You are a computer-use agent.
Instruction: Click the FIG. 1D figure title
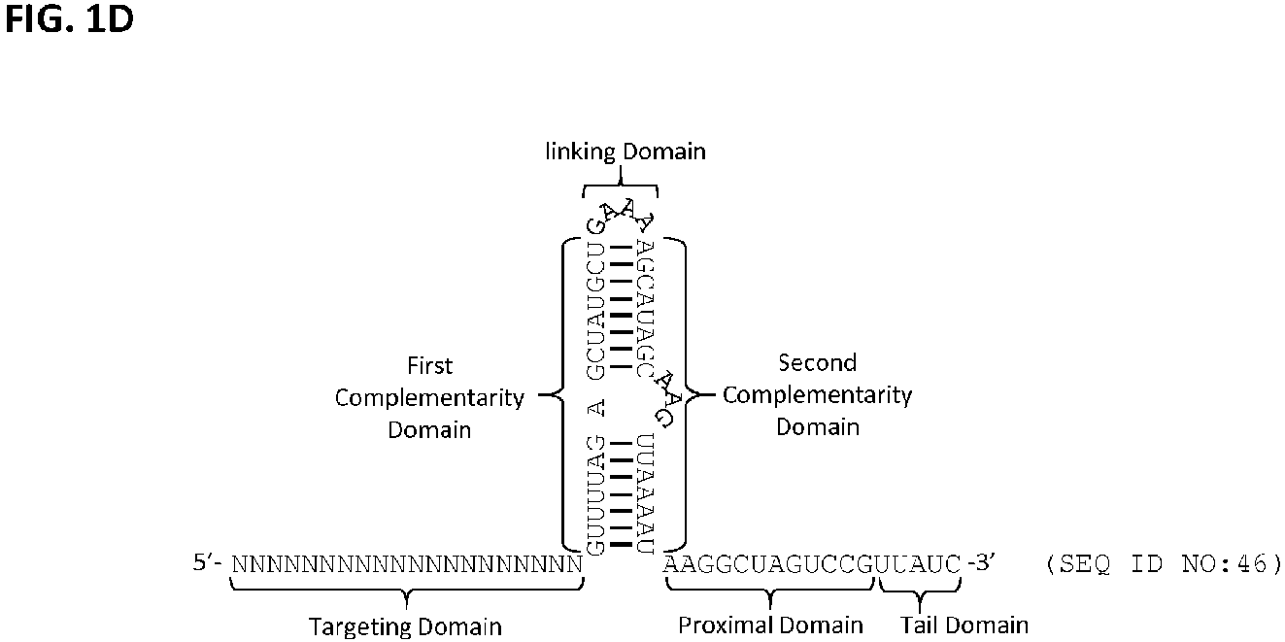point(69,18)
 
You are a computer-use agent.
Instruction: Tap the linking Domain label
point(626,152)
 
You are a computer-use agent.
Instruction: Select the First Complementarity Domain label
point(429,397)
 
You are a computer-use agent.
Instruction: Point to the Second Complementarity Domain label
point(818,394)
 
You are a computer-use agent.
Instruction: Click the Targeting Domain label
point(406,627)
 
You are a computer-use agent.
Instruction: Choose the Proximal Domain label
point(770,625)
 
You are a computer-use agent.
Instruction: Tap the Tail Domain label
point(964,625)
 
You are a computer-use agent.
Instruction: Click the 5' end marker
point(207,562)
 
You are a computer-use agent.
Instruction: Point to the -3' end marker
point(981,562)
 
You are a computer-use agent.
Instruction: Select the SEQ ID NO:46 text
point(1164,564)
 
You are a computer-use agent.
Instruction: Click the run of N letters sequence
point(407,564)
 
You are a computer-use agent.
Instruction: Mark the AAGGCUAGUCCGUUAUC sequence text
point(812,564)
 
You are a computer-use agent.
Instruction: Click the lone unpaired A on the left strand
point(596,409)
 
